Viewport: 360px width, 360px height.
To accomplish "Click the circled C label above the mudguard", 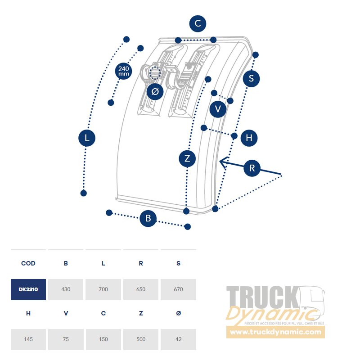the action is click(x=198, y=24).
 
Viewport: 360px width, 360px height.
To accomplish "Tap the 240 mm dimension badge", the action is click(x=123, y=71).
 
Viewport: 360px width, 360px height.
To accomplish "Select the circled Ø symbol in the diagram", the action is click(x=155, y=92).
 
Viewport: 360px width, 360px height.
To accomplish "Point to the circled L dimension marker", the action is click(x=87, y=138).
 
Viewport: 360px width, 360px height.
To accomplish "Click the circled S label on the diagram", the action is click(x=251, y=78).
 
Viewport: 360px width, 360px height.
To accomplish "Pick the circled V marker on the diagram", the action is click(x=218, y=109).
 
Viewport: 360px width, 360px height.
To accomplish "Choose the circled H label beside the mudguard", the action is click(x=249, y=138).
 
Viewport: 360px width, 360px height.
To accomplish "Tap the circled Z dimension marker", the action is click(x=187, y=158).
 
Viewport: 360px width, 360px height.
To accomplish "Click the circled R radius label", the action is click(x=252, y=168).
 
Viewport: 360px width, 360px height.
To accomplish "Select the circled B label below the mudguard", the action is click(x=148, y=218).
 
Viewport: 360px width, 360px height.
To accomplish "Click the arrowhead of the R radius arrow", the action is click(x=220, y=162).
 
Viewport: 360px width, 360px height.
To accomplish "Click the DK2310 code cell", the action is click(x=28, y=289).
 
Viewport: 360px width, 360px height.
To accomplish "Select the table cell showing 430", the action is click(x=66, y=289).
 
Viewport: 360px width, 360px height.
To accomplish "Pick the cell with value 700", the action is click(x=103, y=289).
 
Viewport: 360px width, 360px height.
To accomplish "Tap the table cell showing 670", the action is click(x=178, y=289).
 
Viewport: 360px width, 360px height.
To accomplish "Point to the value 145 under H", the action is click(x=28, y=339).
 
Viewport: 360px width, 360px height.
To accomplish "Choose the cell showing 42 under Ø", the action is click(x=178, y=339).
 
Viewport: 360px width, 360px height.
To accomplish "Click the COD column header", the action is click(x=28, y=263).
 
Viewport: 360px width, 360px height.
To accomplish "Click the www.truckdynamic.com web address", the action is click(x=275, y=332).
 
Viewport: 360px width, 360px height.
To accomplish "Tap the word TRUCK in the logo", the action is click(x=263, y=297).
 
